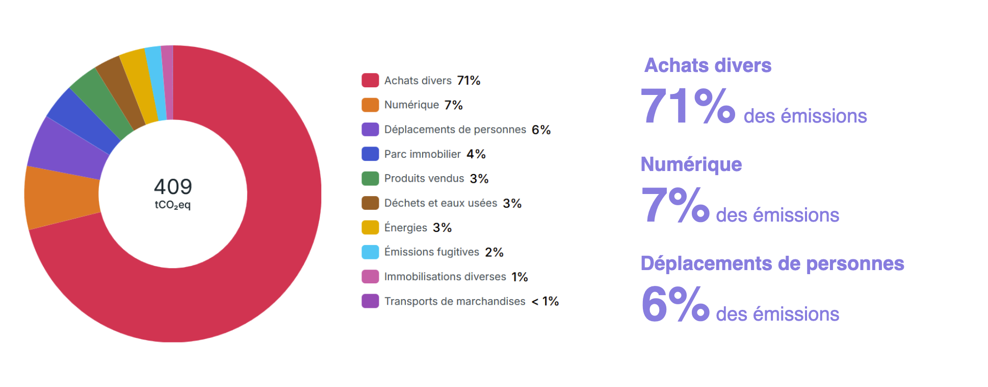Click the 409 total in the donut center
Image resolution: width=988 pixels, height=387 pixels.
click(x=173, y=186)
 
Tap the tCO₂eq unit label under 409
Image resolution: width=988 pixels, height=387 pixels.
click(x=173, y=205)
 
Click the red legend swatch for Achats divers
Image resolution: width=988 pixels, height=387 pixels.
click(x=370, y=80)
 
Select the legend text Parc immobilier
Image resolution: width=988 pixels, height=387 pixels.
click(x=422, y=154)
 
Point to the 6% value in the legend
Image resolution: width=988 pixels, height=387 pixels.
click(x=541, y=130)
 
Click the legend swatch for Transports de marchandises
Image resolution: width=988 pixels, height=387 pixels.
click(x=370, y=301)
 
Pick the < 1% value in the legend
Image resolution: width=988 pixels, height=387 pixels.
click(x=545, y=301)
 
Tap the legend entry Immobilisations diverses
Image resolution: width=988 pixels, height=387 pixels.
click(x=445, y=277)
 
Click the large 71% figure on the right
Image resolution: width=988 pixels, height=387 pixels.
click(x=687, y=106)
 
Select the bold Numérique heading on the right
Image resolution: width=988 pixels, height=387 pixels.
click(x=691, y=164)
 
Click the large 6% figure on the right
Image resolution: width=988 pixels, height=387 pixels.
click(x=675, y=304)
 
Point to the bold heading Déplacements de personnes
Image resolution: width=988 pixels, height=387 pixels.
click(x=772, y=263)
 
